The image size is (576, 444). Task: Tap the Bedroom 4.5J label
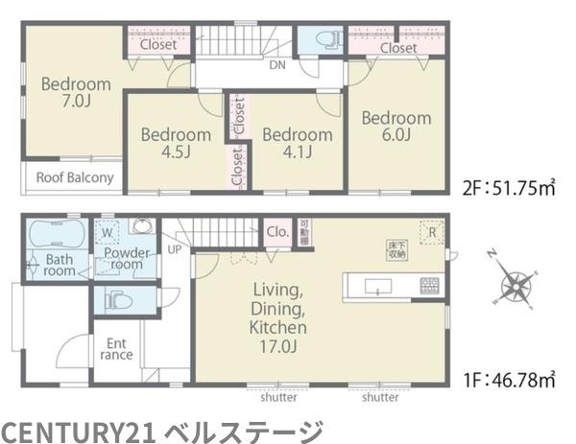coord(176,144)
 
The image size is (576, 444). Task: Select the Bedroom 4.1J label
coord(297,144)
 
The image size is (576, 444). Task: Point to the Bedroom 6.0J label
coord(396,127)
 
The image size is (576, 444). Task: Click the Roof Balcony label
coord(75,177)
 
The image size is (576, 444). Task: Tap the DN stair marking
coord(276,66)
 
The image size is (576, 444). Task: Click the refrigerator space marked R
coord(432,232)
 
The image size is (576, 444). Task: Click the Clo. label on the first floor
coord(277,231)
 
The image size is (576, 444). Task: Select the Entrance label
coord(116,348)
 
